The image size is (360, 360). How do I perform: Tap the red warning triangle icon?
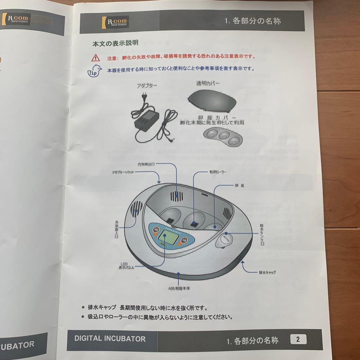point(96,57)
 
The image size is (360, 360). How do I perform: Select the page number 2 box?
point(298,339)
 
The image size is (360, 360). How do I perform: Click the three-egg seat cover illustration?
point(222,137)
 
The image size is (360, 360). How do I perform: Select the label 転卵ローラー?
point(218,172)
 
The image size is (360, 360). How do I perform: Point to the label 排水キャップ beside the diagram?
point(267,272)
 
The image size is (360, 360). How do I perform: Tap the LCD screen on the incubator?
point(165,239)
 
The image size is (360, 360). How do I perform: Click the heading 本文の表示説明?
point(115,43)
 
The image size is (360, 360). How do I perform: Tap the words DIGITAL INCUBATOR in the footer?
point(110,339)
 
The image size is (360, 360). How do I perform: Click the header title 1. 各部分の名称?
point(253,21)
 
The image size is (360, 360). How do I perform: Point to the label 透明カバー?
point(207,83)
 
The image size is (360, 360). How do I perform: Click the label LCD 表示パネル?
point(126,265)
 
